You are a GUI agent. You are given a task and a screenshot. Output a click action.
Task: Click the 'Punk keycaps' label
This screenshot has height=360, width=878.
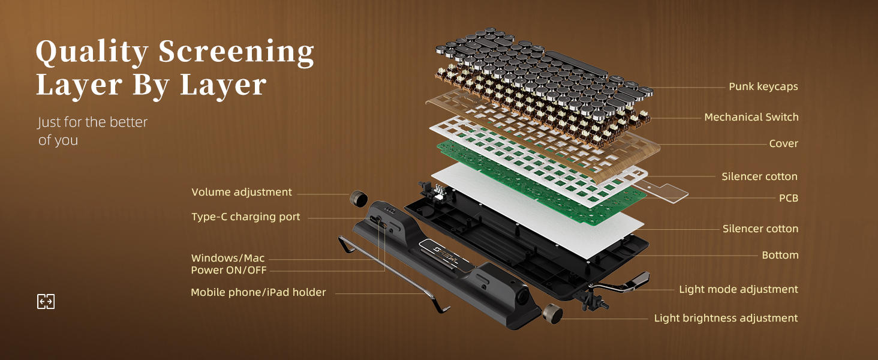click(x=763, y=86)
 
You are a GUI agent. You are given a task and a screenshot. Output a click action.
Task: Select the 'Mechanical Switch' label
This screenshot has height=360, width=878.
click(x=751, y=117)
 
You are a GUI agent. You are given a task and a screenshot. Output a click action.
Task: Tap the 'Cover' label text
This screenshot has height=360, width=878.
click(x=783, y=143)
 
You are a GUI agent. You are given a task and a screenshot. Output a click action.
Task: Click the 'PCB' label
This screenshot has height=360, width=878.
click(x=788, y=197)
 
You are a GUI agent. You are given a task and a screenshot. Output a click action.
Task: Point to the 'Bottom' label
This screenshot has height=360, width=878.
click(x=780, y=255)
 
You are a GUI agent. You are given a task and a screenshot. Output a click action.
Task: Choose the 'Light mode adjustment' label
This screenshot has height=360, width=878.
click(x=738, y=289)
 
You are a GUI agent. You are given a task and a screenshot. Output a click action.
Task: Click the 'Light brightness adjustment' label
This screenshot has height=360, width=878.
click(x=726, y=318)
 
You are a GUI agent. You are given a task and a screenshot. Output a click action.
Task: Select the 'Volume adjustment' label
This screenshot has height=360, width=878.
click(x=242, y=192)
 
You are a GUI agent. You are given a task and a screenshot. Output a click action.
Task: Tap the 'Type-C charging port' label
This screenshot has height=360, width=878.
click(x=245, y=217)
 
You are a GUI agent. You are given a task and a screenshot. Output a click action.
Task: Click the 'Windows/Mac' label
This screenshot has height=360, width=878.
click(x=228, y=258)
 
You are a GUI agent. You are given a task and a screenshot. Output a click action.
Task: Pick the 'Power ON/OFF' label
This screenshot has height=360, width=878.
click(x=228, y=270)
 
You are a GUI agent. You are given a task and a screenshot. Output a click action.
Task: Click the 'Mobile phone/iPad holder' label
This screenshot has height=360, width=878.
click(x=258, y=292)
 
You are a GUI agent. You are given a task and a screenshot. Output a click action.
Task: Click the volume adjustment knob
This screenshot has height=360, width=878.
click(x=359, y=197)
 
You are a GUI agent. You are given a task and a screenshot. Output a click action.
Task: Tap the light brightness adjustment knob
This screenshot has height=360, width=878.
click(x=551, y=313)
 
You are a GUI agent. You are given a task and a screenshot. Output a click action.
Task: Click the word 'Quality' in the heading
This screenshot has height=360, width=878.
click(x=91, y=53)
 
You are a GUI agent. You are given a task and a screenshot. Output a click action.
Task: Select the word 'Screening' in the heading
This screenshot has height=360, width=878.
click(x=236, y=53)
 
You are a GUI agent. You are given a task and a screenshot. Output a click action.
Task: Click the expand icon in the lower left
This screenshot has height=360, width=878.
click(x=46, y=301)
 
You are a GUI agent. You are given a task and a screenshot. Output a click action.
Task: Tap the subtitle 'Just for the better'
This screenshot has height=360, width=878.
click(x=92, y=122)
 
